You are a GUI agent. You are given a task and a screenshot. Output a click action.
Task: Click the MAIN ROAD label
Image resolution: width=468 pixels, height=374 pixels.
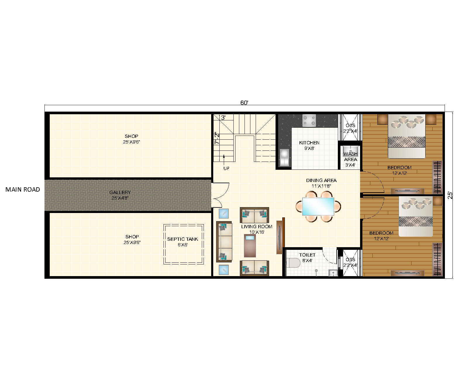tap(23, 190)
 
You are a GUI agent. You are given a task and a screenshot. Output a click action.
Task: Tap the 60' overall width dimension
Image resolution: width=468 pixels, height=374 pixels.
tap(244, 103)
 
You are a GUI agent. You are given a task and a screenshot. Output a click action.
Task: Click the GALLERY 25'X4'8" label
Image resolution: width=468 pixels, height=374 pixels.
tap(120, 195)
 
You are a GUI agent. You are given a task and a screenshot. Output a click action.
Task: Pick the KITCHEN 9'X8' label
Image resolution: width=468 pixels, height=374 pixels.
tap(309, 146)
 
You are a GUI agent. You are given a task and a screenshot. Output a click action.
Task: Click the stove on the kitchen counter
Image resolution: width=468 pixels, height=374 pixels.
tap(309, 120)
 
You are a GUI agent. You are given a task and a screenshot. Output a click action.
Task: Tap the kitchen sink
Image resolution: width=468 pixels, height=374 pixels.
tap(284, 158)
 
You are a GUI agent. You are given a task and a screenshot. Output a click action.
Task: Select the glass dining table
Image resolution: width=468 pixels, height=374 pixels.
tap(318, 206)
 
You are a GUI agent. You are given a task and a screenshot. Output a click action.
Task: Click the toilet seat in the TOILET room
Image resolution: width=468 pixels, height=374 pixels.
tap(293, 263)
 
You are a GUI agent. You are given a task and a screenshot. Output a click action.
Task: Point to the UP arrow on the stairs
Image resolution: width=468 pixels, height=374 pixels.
tap(224, 159)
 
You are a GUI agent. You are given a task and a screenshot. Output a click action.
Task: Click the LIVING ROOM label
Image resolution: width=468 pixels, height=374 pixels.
tap(257, 229)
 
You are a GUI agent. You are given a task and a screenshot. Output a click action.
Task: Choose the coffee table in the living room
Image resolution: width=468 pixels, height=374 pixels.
tap(250, 245)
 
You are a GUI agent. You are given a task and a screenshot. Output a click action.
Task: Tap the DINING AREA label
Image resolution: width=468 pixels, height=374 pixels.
tap(321, 183)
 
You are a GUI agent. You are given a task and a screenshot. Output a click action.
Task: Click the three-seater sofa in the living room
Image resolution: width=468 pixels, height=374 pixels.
tap(224, 242)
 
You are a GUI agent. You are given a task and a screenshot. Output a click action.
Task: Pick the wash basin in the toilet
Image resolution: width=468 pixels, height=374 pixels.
tap(333, 273)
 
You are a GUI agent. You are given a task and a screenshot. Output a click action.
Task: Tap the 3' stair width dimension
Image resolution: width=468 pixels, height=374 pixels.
tap(223, 118)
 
